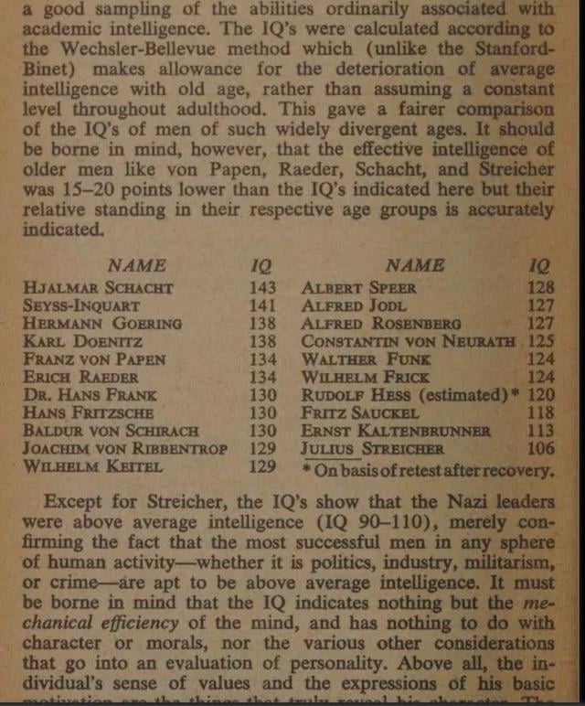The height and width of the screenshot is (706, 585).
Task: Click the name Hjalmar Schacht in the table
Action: (x=99, y=287)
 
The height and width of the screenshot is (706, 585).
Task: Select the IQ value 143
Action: (x=262, y=287)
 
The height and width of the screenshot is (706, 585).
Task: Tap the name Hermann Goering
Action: (x=103, y=323)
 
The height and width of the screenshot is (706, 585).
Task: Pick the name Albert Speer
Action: (x=358, y=287)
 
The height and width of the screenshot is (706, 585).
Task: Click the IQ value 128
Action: (x=541, y=287)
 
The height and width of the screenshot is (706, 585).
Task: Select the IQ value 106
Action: (x=541, y=449)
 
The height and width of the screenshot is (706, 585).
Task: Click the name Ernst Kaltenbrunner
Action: (x=396, y=431)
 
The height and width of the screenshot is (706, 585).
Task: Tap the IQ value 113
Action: (x=541, y=431)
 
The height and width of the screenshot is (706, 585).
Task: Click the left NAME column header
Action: (x=137, y=265)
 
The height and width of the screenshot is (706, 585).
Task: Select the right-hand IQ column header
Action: (x=540, y=265)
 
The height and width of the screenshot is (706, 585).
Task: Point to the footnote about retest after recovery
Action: (x=428, y=471)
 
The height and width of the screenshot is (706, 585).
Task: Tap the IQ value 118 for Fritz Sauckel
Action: (x=541, y=412)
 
